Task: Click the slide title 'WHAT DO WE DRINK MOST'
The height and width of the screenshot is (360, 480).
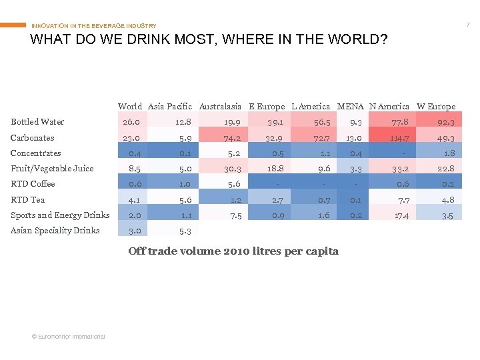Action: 209,40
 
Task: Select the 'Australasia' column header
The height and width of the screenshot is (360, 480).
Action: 220,106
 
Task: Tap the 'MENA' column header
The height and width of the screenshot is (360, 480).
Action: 350,106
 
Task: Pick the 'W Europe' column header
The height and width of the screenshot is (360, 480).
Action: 436,106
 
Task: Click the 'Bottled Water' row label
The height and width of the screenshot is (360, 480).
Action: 37,122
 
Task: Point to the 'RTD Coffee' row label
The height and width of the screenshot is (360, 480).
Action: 33,184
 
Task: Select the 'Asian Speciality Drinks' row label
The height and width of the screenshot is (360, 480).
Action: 55,231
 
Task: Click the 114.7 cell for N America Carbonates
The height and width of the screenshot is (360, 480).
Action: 399,138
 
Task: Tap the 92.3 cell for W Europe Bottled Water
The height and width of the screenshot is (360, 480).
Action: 445,122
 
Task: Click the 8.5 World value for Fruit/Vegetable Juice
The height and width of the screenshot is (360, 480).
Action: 133,169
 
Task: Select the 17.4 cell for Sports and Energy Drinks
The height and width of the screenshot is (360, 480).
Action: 401,215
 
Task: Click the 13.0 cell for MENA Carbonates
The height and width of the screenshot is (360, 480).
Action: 353,138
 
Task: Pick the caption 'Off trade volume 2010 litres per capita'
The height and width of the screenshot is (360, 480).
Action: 233,251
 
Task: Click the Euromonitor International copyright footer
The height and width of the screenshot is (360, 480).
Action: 68,337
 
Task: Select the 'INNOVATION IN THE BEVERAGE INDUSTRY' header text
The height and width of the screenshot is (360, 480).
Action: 94,26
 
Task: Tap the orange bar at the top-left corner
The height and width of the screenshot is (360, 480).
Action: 13,25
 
